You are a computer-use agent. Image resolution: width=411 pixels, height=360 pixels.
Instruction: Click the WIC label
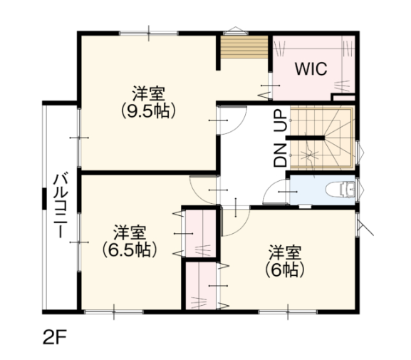point(311,69)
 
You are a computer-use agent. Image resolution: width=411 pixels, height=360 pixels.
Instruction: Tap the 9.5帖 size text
point(148,111)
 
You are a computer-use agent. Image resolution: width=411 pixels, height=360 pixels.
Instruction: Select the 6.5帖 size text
point(130,250)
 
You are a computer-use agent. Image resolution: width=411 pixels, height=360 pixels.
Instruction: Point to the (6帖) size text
point(285,269)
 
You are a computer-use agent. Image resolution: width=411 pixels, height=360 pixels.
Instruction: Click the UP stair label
point(281,120)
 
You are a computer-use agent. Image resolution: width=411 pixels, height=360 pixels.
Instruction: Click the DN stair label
point(281,155)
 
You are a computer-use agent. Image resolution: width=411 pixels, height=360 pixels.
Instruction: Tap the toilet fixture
point(340,190)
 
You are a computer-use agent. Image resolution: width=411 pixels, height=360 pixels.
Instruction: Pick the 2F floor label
point(55,336)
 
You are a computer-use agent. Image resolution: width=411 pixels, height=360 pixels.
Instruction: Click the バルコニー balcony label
point(61,205)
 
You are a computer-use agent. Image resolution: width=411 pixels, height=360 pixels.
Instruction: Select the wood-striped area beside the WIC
point(244,47)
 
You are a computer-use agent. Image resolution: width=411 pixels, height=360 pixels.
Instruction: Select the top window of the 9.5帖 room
point(149,33)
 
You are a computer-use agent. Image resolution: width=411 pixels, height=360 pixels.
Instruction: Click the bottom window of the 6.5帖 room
point(114,312)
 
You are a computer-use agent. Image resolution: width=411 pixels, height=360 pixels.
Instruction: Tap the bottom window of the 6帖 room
point(288,312)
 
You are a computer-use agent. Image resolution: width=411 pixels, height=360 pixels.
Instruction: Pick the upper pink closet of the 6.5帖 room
point(201,234)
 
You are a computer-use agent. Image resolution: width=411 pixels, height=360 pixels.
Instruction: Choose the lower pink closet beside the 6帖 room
point(201,286)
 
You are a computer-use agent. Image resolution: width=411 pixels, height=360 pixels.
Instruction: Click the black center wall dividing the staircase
point(305,138)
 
